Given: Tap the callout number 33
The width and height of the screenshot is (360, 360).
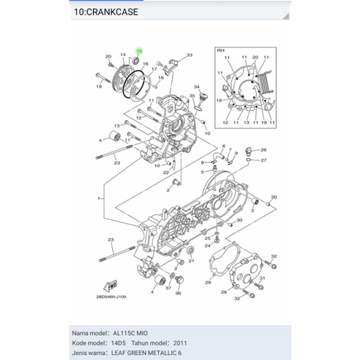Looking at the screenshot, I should pos(189,55).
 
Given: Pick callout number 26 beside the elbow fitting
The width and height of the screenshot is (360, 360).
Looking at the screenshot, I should pos(264,149).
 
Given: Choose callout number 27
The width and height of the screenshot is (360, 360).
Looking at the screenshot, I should pos(264,160).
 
